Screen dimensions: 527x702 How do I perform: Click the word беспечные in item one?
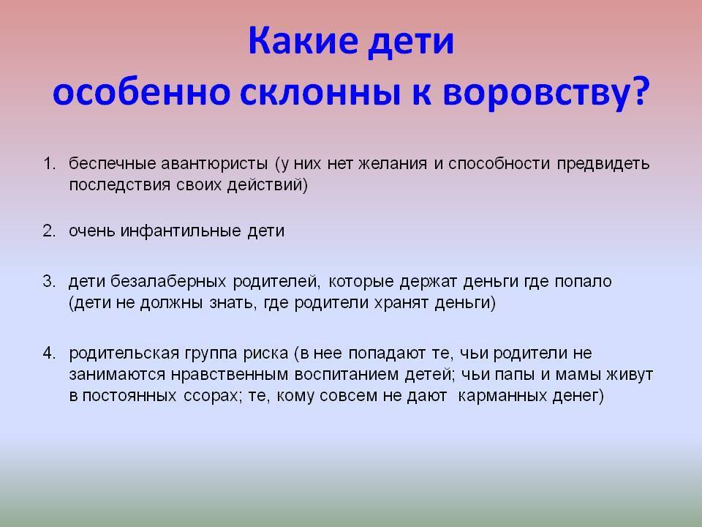click(x=105, y=163)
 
